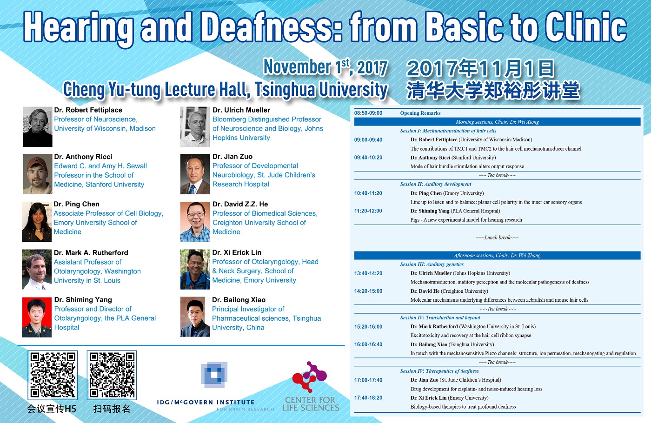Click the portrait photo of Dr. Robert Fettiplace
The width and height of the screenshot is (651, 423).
(38, 126)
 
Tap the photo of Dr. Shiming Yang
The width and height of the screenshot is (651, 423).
(37, 317)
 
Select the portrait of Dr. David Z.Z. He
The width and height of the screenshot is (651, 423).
(195, 222)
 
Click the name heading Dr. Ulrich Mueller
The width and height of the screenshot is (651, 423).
(241, 110)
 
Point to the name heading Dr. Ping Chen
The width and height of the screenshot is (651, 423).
(77, 204)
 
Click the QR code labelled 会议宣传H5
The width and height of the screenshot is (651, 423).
(53, 375)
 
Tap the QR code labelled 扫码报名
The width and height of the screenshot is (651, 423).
(112, 375)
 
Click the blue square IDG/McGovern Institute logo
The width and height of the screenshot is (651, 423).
(214, 375)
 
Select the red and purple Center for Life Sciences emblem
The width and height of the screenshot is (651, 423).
(310, 377)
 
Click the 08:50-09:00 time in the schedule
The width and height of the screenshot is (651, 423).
(368, 113)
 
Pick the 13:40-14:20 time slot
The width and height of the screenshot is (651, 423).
(368, 273)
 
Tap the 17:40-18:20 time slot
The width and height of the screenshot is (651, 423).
(368, 398)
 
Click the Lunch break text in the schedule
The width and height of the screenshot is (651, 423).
(497, 238)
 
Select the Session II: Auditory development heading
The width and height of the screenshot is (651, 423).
(436, 184)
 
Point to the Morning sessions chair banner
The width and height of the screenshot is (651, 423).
(497, 122)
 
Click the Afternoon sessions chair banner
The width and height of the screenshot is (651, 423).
(497, 255)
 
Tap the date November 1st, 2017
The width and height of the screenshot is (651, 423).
(325, 67)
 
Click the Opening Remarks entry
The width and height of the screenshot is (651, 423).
(420, 113)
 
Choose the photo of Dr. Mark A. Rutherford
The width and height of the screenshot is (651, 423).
(37, 269)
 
